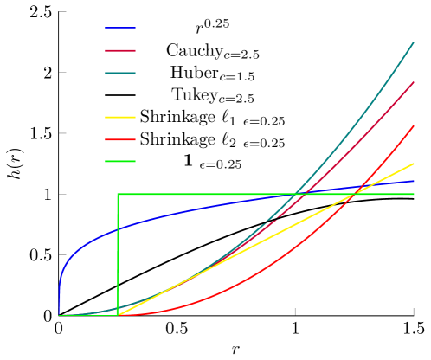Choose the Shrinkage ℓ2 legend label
tap(212, 140)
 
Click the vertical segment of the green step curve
tap(118, 255)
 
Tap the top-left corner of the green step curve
tap(118, 194)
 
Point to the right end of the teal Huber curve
tap(415, 42)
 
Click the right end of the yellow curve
tap(415, 163)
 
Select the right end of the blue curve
tap(415, 181)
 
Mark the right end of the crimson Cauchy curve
tap(415, 82)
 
